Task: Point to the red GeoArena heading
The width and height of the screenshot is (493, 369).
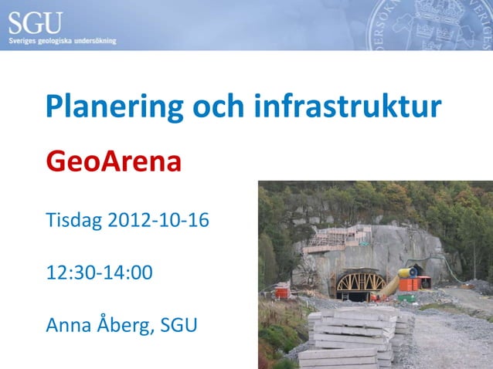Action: (x=114, y=162)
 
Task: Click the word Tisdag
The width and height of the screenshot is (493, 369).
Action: (x=74, y=221)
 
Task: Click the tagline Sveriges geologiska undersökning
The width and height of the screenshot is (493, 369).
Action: (x=63, y=40)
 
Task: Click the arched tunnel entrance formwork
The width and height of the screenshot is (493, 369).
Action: (x=361, y=283)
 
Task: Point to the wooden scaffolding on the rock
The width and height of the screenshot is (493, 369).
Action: (x=337, y=239)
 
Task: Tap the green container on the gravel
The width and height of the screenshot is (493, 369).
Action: (x=406, y=296)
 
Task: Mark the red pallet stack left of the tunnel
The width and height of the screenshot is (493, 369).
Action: (x=283, y=291)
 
